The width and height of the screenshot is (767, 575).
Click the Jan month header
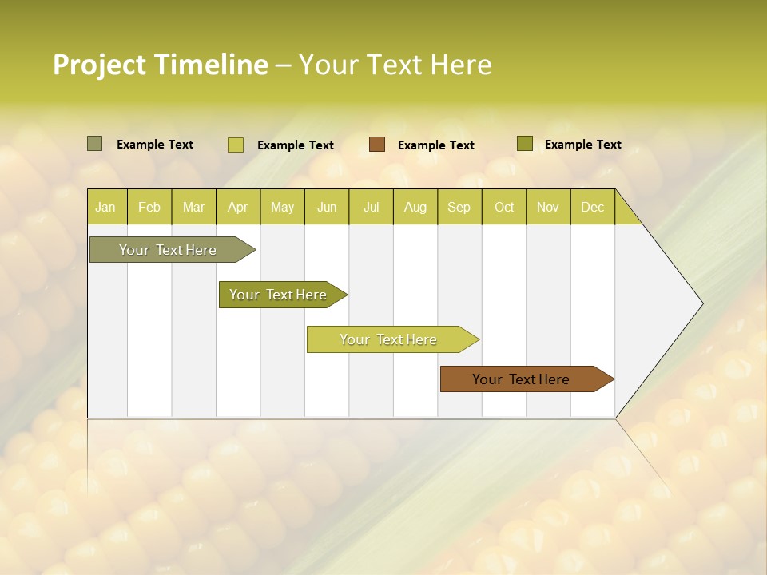click(105, 208)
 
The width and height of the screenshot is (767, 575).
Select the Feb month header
click(149, 208)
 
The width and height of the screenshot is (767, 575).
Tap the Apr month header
click(237, 208)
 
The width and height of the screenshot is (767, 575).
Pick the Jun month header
click(327, 208)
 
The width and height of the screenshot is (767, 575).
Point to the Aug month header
click(415, 208)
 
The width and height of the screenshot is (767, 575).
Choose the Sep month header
click(459, 208)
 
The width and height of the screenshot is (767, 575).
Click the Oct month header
click(504, 208)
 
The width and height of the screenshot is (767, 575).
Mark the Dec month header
click(592, 208)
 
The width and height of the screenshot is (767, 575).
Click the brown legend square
click(377, 145)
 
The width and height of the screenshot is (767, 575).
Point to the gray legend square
click(95, 144)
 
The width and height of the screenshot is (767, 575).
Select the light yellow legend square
click(236, 145)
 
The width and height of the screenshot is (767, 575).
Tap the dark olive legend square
click(524, 144)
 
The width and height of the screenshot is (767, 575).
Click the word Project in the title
click(100, 65)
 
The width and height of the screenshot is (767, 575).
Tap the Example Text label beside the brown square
click(436, 145)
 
